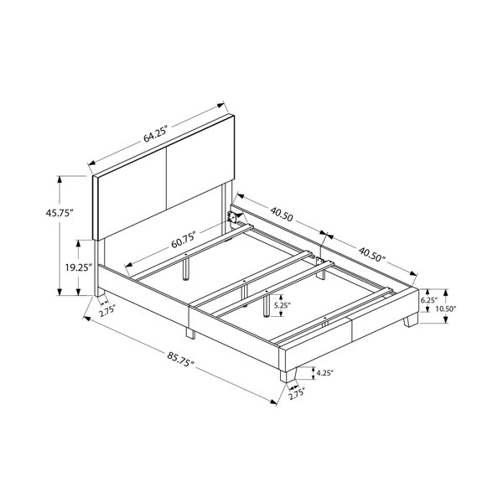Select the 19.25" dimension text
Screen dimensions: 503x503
click(79, 267)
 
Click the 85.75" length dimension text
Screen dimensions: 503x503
click(180, 360)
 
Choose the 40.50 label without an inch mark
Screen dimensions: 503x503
click(282, 214)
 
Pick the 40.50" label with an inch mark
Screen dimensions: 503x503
click(371, 254)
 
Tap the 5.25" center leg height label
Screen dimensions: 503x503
click(283, 305)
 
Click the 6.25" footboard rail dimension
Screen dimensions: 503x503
click(429, 300)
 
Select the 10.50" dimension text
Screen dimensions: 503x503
click(446, 309)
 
